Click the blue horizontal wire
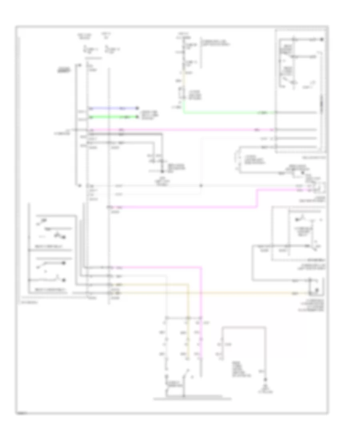click(112, 108)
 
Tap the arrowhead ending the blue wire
click(137, 108)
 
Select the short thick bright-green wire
click(112, 117)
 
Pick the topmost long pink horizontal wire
click(180, 130)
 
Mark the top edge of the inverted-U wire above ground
click(244, 327)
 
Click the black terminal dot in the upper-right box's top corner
click(322, 40)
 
